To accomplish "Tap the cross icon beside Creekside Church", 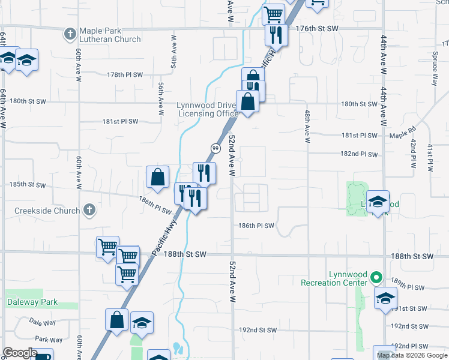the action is pos(89,211).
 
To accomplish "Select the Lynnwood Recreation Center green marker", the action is pos(376,277).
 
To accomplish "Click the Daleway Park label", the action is pos(32,302).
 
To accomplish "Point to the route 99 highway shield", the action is pos(214,148).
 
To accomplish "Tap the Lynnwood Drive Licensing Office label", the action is pos(208,109).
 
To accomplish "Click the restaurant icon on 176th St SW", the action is pos(276,35).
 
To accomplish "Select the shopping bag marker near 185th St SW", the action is pos(157,178).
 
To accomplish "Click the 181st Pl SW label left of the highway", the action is pos(120,121).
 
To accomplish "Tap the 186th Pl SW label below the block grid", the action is pos(256,226).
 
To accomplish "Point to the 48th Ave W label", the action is pos(307,126).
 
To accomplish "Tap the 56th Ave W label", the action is pos(161,98).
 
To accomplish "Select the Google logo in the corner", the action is pos(20,353).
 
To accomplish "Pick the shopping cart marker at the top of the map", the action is pos(273,13).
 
